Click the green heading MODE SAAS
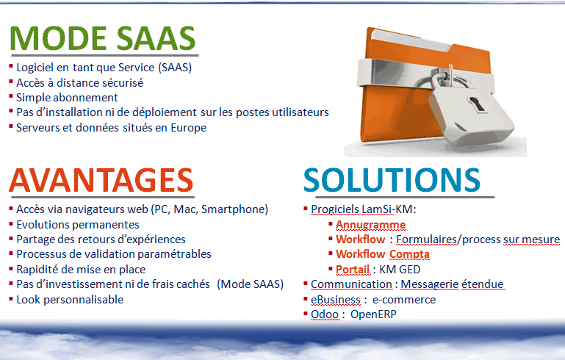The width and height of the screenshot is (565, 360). point(103,38)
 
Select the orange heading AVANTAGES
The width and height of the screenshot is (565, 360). point(101,180)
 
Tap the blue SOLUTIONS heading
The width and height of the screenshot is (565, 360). point(392,180)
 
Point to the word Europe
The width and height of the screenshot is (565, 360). point(188,128)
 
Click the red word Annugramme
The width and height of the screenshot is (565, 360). point(370,225)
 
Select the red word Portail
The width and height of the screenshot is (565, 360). point(353,270)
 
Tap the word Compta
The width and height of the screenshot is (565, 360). point(409,254)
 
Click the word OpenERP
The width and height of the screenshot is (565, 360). point(373,314)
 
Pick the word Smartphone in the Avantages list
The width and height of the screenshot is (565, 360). point(233,209)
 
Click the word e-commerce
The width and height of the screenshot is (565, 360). point(404,300)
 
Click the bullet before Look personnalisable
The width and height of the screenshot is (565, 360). point(11,299)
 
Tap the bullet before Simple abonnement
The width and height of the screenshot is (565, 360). point(11,96)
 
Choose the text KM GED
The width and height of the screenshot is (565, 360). point(400,270)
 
